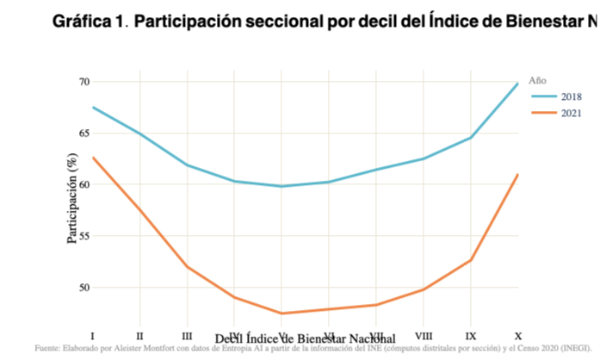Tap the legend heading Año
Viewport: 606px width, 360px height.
(x=537, y=80)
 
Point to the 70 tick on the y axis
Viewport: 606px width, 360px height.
(x=83, y=82)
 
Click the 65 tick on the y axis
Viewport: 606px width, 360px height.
(x=83, y=133)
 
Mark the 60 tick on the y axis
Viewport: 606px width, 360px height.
(x=83, y=184)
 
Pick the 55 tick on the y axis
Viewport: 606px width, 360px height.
(x=83, y=236)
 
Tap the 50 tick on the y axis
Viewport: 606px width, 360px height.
(x=83, y=288)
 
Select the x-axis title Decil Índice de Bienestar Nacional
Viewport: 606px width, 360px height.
(x=305, y=338)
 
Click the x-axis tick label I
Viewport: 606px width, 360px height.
(x=92, y=334)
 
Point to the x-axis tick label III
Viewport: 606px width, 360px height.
(x=187, y=334)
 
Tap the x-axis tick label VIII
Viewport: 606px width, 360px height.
(x=423, y=334)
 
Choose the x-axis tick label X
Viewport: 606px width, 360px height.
(x=516, y=334)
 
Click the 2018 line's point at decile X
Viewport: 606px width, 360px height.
(x=516, y=84)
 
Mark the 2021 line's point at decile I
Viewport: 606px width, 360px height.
(x=93, y=158)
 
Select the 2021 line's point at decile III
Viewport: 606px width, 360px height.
(x=187, y=267)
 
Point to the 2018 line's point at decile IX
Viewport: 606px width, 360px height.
(x=470, y=138)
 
